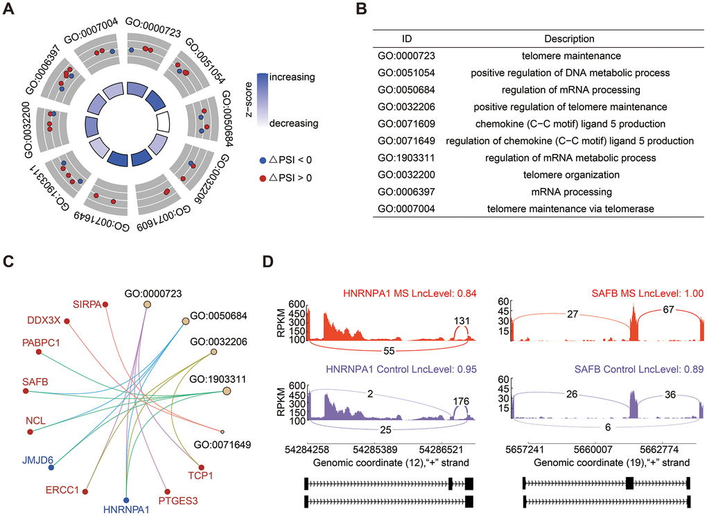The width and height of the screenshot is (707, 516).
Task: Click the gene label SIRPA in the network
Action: tap(87, 304)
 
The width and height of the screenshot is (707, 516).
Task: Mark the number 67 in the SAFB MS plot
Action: tap(661, 314)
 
